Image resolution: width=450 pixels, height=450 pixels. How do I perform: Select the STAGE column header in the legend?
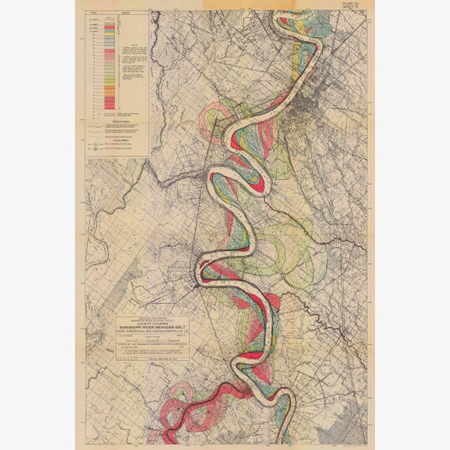96,14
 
